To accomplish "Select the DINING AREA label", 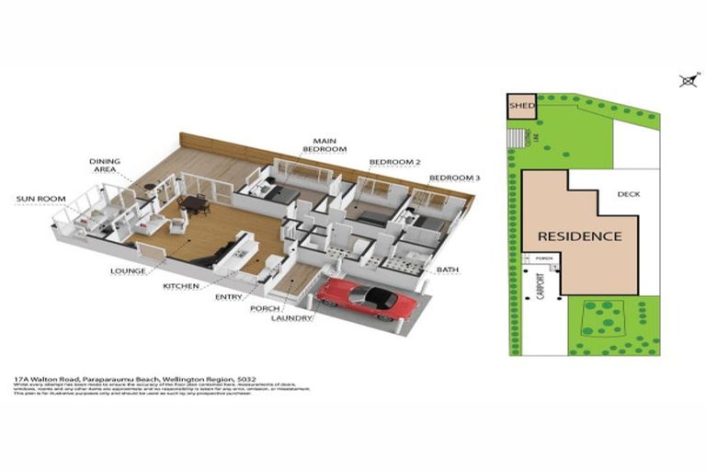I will [x=105, y=166].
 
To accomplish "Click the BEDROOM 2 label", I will [x=394, y=162].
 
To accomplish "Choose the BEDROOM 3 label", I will [x=454, y=178].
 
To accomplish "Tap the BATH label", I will [x=448, y=270].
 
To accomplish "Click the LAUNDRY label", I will [x=291, y=318].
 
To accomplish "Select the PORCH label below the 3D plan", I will [x=264, y=308].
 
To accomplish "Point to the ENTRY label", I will [x=229, y=297].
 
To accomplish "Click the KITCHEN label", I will [x=181, y=287].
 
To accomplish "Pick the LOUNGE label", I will [x=128, y=271].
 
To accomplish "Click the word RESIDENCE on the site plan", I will [x=579, y=236].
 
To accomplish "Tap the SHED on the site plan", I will [x=520, y=106].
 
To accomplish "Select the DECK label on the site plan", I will [x=629, y=194].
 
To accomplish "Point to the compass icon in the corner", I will [x=686, y=81].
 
